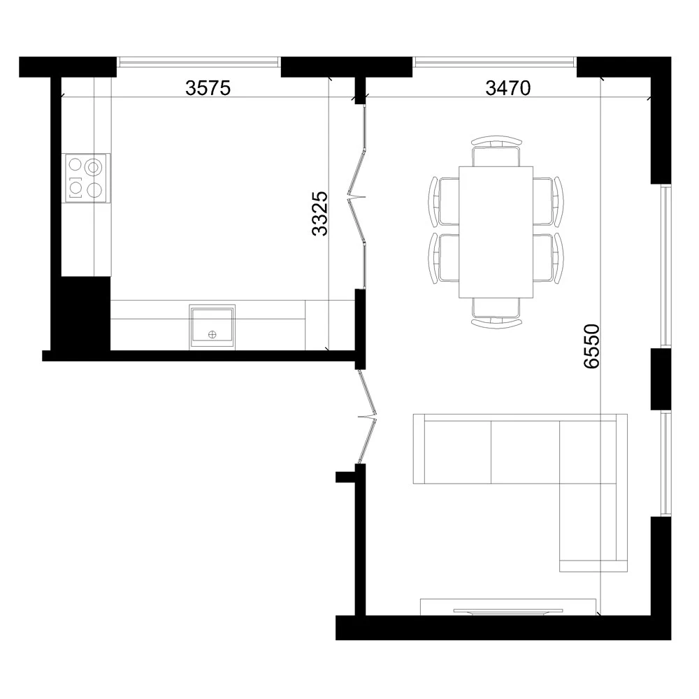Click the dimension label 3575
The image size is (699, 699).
click(208, 88)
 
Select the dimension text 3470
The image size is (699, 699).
click(508, 88)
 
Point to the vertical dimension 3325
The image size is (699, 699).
click(319, 213)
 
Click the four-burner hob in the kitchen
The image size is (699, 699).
click(87, 178)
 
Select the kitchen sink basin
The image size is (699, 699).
click(212, 326)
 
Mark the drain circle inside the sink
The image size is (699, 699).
click(212, 335)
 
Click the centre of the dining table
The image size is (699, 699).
click(496, 232)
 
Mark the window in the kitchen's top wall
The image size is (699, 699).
click(199, 63)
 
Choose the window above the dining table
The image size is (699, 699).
click(495, 63)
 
